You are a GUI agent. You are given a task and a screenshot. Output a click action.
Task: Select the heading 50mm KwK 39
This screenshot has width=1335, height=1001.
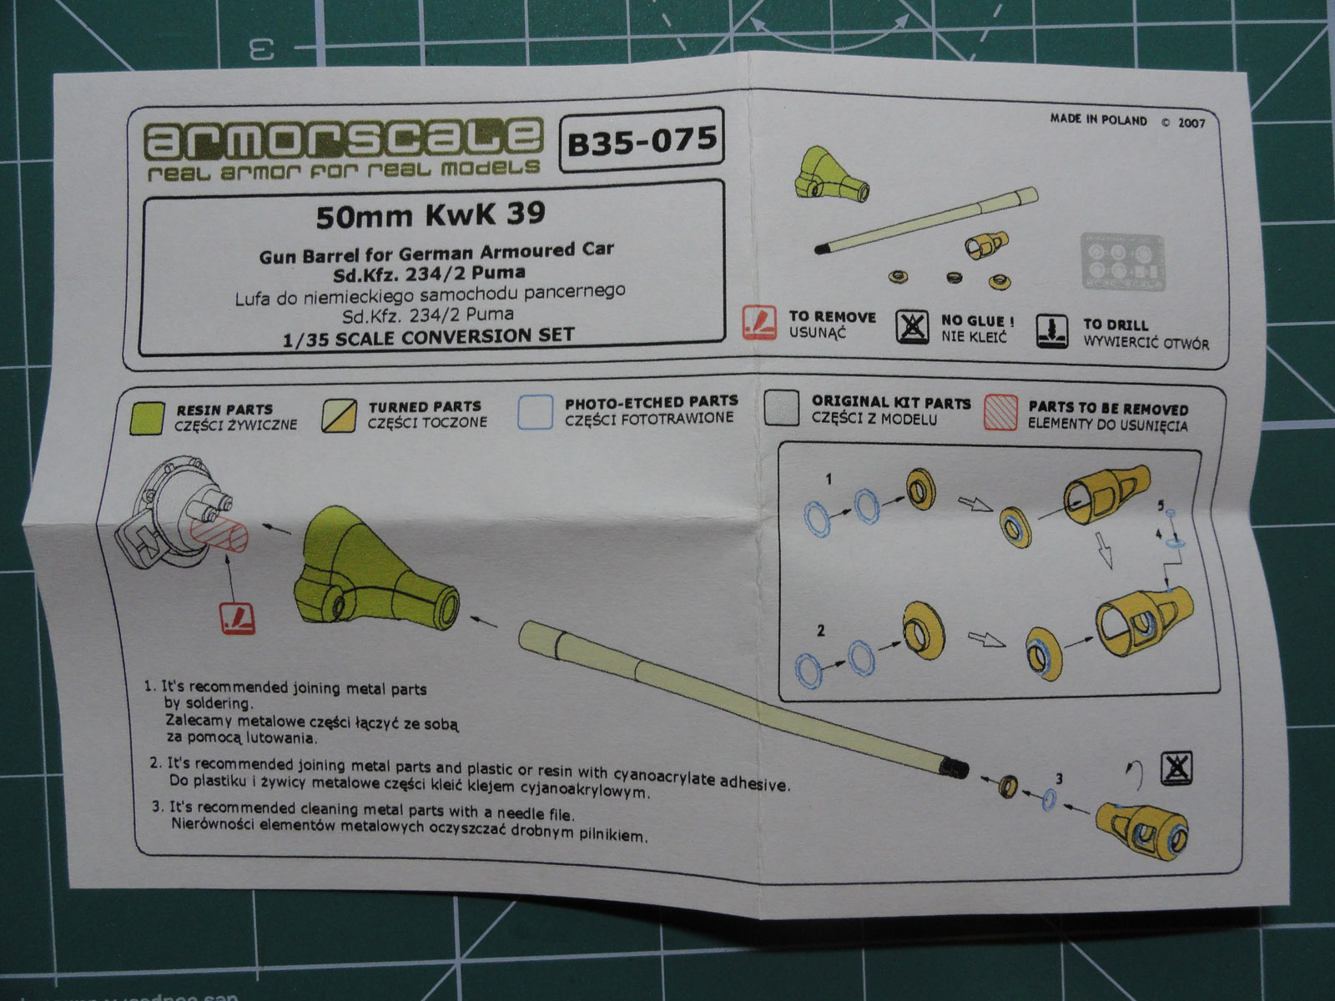[431, 215]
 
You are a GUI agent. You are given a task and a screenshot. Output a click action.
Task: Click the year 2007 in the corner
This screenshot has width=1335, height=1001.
[1191, 123]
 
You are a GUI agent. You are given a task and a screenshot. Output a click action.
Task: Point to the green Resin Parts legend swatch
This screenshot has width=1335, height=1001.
[149, 417]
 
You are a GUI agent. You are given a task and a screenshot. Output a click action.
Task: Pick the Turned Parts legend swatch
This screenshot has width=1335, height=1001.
[340, 415]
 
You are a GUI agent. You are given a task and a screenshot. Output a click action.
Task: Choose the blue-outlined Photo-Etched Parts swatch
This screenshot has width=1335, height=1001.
[535, 412]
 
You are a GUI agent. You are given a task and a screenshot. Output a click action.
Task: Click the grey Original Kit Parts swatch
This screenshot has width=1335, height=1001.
[782, 410]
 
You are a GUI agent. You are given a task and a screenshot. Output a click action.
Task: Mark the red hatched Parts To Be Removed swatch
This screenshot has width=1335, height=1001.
[1000, 412]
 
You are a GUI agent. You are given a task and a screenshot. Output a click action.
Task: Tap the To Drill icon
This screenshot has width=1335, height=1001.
[1052, 331]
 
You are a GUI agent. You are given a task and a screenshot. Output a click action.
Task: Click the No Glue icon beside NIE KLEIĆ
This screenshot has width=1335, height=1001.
[912, 326]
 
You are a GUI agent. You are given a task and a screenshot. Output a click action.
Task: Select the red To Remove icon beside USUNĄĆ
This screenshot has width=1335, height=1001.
[759, 323]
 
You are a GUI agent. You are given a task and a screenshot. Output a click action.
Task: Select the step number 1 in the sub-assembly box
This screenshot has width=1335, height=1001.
[828, 479]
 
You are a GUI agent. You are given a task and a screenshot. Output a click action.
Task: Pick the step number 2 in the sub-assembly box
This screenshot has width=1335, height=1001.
[821, 630]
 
